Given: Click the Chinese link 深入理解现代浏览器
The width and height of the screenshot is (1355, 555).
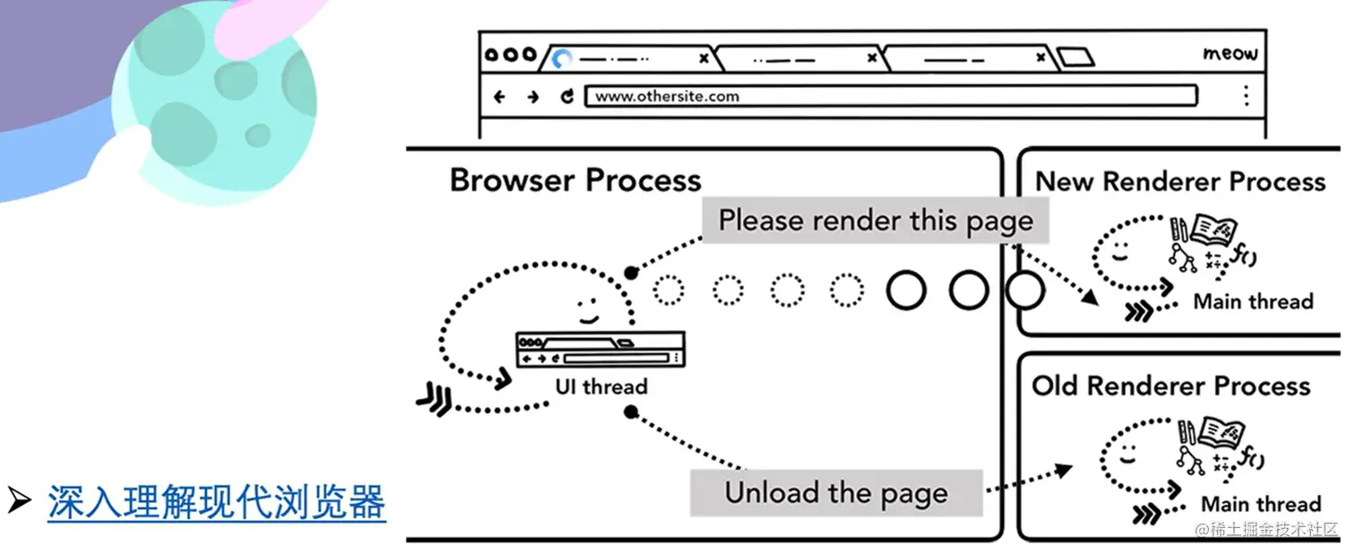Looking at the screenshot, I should pyautogui.click(x=216, y=503).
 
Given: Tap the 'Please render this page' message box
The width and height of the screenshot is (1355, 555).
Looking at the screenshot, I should pyautogui.click(x=876, y=221).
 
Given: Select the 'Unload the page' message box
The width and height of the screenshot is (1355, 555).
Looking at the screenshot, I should pyautogui.click(x=835, y=493).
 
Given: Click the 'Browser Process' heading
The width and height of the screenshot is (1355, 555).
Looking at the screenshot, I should pyautogui.click(x=575, y=180).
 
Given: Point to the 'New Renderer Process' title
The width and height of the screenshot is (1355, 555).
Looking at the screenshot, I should pyautogui.click(x=1179, y=181).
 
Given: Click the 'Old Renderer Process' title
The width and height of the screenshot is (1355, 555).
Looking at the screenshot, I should pyautogui.click(x=1170, y=386).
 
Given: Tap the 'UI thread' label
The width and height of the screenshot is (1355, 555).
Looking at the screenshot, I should pyautogui.click(x=600, y=387).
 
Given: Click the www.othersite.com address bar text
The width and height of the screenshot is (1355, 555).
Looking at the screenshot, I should pyautogui.click(x=667, y=96).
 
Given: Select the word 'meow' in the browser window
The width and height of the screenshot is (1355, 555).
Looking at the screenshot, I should pyautogui.click(x=1230, y=54).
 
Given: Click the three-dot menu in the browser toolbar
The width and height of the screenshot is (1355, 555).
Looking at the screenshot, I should pyautogui.click(x=1246, y=96).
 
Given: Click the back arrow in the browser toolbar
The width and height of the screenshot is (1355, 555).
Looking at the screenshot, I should pyautogui.click(x=500, y=97).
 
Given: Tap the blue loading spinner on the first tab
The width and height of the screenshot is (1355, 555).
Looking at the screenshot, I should pyautogui.click(x=562, y=59).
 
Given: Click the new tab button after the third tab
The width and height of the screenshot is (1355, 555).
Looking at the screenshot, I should pyautogui.click(x=1075, y=58).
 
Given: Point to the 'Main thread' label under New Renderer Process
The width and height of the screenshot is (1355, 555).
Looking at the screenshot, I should pyautogui.click(x=1253, y=301).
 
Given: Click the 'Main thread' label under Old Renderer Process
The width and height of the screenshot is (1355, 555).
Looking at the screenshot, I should pyautogui.click(x=1260, y=504).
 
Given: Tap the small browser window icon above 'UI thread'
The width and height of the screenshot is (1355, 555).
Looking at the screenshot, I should pyautogui.click(x=600, y=349).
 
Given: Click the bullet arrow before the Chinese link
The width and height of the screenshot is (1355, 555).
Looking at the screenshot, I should pyautogui.click(x=19, y=503).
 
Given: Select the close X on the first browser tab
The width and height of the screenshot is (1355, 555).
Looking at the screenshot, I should pyautogui.click(x=703, y=58).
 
